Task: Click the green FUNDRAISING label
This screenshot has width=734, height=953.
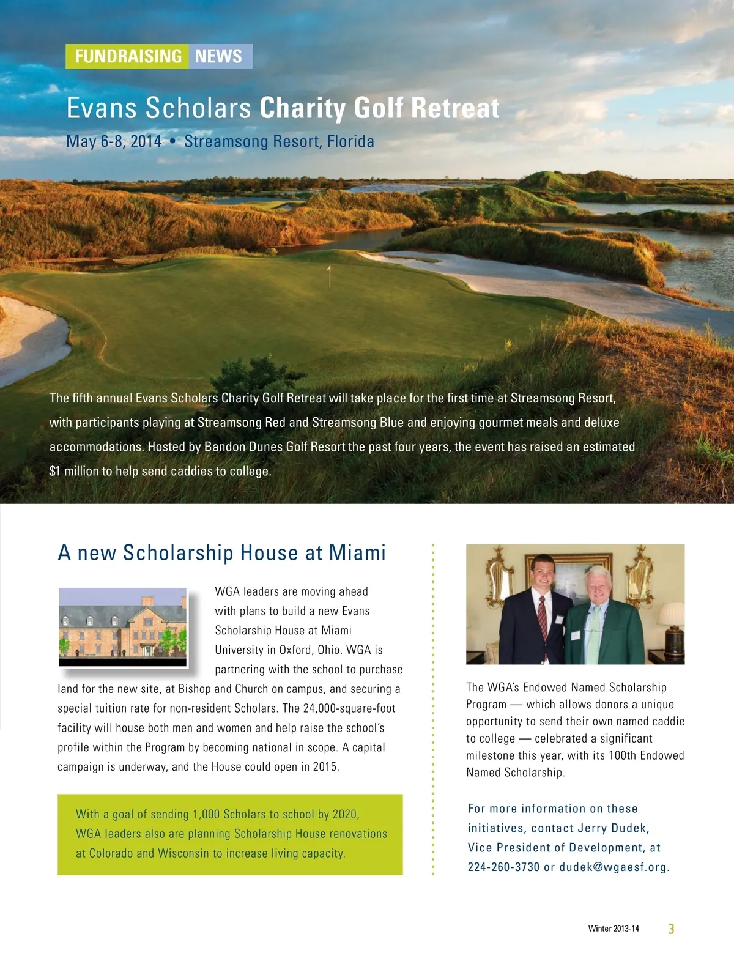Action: click(128, 56)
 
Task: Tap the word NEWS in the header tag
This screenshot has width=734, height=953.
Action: click(218, 56)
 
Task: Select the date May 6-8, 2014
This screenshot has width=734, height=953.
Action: click(114, 141)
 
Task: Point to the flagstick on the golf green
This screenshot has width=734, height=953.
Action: click(329, 275)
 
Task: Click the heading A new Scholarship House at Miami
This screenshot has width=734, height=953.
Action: click(221, 552)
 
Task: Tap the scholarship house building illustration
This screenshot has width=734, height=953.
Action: click(122, 626)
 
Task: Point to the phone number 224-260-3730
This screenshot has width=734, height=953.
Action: click(503, 867)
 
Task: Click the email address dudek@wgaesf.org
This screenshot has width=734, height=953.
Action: click(614, 867)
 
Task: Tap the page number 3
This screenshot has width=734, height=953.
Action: click(671, 929)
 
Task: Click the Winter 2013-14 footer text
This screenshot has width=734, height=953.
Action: click(613, 929)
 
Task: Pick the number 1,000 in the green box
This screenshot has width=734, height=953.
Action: click(206, 814)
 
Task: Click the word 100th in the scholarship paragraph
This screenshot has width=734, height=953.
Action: click(622, 755)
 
